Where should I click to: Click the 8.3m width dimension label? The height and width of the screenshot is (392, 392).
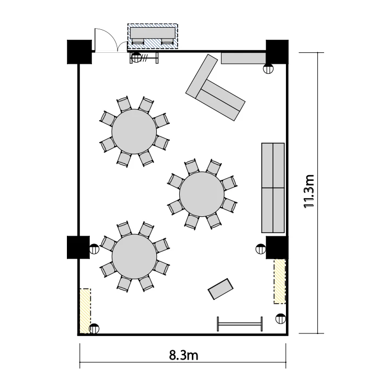[183, 355]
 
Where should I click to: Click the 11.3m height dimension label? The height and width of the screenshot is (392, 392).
[308, 191]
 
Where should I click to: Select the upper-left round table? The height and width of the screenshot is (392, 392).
[134, 132]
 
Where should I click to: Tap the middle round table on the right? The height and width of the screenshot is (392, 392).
[202, 194]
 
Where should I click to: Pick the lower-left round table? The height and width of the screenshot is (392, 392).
[134, 257]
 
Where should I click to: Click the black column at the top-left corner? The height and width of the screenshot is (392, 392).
[79, 52]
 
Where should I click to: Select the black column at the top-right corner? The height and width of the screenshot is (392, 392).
[277, 52]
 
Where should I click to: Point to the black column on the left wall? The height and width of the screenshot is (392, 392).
[78, 247]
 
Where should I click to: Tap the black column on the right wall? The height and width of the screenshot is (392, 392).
[277, 248]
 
